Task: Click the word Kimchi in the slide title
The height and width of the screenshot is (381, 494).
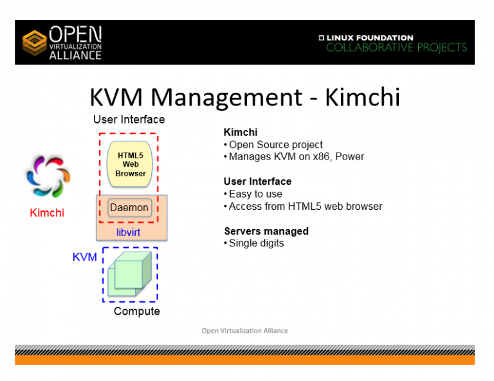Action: pos(362,97)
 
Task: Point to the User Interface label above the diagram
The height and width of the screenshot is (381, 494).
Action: pos(129,120)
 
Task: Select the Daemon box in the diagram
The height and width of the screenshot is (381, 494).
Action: pos(129,208)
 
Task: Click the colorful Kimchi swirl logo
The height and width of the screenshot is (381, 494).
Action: pos(43,176)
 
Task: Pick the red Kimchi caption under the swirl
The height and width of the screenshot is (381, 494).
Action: pos(47,212)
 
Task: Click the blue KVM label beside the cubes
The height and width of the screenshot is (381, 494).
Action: pos(84,257)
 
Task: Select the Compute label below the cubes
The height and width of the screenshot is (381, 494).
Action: pos(136,311)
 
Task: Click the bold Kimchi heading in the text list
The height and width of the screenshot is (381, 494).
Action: pos(240,132)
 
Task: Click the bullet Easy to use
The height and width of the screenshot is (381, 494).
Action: pos(255,194)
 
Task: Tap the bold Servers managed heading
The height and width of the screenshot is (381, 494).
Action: pos(266,231)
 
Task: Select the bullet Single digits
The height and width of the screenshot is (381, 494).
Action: pos(256,243)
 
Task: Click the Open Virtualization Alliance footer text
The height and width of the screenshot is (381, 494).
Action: pos(244,331)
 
